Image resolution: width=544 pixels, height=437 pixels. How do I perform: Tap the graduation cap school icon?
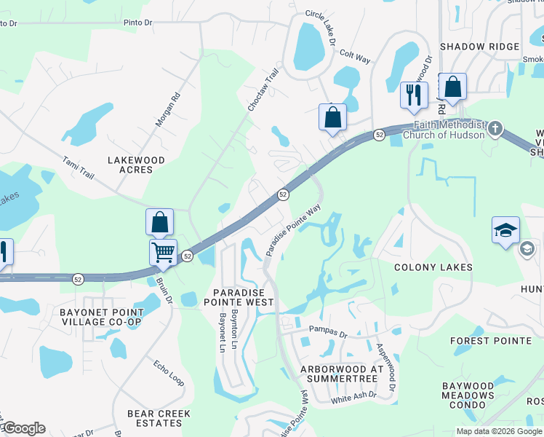click(505, 231)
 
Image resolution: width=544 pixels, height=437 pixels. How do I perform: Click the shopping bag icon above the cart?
click(160, 222)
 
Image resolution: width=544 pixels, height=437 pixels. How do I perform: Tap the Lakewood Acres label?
click(136, 165)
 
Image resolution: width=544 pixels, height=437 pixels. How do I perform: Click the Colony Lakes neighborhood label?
click(433, 267)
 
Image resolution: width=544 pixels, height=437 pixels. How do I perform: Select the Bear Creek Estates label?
click(159, 418)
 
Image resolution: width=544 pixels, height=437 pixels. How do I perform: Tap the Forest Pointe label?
click(490, 340)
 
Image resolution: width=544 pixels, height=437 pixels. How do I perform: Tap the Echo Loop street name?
click(167, 369)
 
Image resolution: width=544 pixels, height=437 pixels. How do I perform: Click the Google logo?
click(23, 428)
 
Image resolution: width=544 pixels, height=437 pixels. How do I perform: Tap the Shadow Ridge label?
click(469, 46)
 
